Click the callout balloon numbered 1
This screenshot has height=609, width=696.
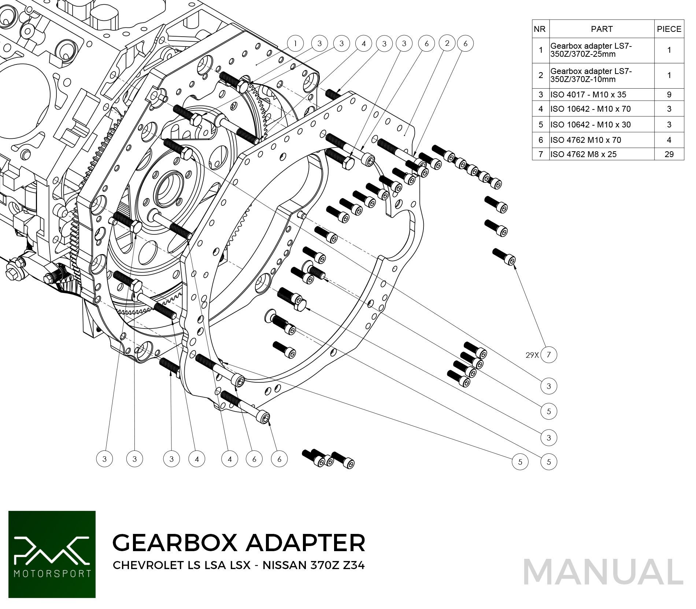(x=295, y=44)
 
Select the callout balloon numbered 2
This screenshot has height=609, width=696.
(x=447, y=43)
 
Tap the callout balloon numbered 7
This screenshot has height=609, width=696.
(x=548, y=354)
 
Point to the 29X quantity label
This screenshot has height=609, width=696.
(x=532, y=355)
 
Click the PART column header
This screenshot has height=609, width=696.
(x=601, y=29)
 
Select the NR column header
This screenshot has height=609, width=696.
(x=540, y=29)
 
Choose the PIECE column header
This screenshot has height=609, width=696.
(x=669, y=29)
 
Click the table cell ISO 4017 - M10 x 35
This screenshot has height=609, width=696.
(x=588, y=94)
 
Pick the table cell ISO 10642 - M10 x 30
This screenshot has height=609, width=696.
(x=590, y=125)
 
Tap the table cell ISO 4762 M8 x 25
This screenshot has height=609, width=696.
(x=583, y=154)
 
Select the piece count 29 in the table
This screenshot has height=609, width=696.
(x=669, y=154)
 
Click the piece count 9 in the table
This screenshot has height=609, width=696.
(x=669, y=94)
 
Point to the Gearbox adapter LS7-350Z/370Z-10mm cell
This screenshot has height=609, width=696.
(x=591, y=75)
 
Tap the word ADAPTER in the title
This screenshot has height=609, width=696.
(x=306, y=542)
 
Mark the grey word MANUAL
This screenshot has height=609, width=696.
(x=603, y=572)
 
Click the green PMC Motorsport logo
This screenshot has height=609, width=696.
(x=52, y=554)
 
